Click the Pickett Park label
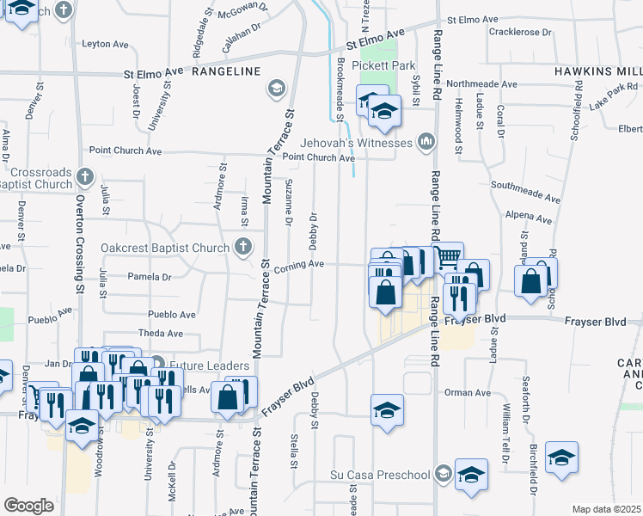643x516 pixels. pyautogui.click(x=388, y=65)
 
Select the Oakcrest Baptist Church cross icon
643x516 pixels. pyautogui.click(x=243, y=248)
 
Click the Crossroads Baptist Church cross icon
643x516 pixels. pyautogui.click(x=84, y=177)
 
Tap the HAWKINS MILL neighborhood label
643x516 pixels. pyautogui.click(x=597, y=71)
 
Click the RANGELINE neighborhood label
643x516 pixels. pyautogui.click(x=226, y=72)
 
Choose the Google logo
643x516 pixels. pyautogui.click(x=28, y=505)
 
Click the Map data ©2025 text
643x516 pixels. pyautogui.click(x=607, y=509)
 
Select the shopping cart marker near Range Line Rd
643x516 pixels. pyautogui.click(x=448, y=256)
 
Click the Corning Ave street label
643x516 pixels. pyautogui.click(x=298, y=264)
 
